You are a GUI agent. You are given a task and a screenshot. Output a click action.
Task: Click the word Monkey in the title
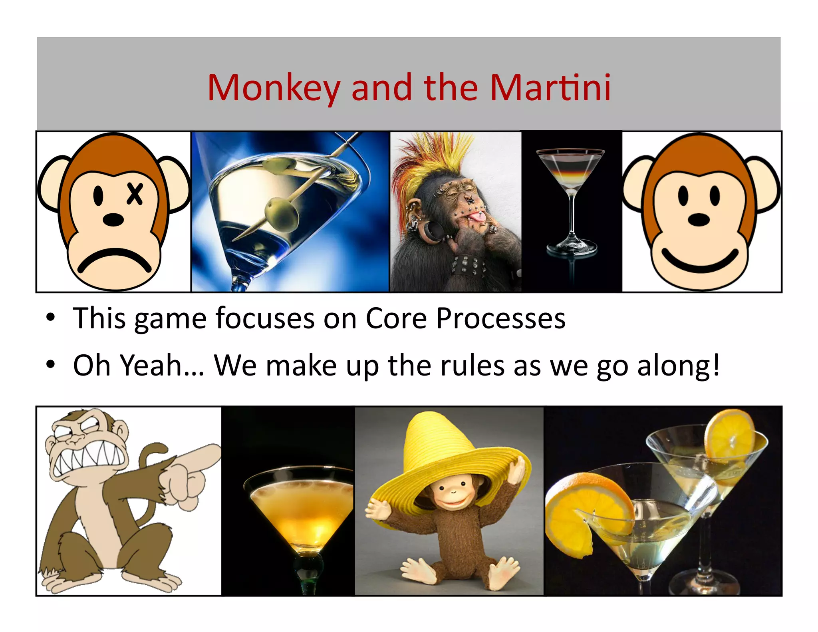pos(274,89)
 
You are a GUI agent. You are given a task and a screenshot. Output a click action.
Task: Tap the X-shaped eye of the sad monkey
pos(135,194)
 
